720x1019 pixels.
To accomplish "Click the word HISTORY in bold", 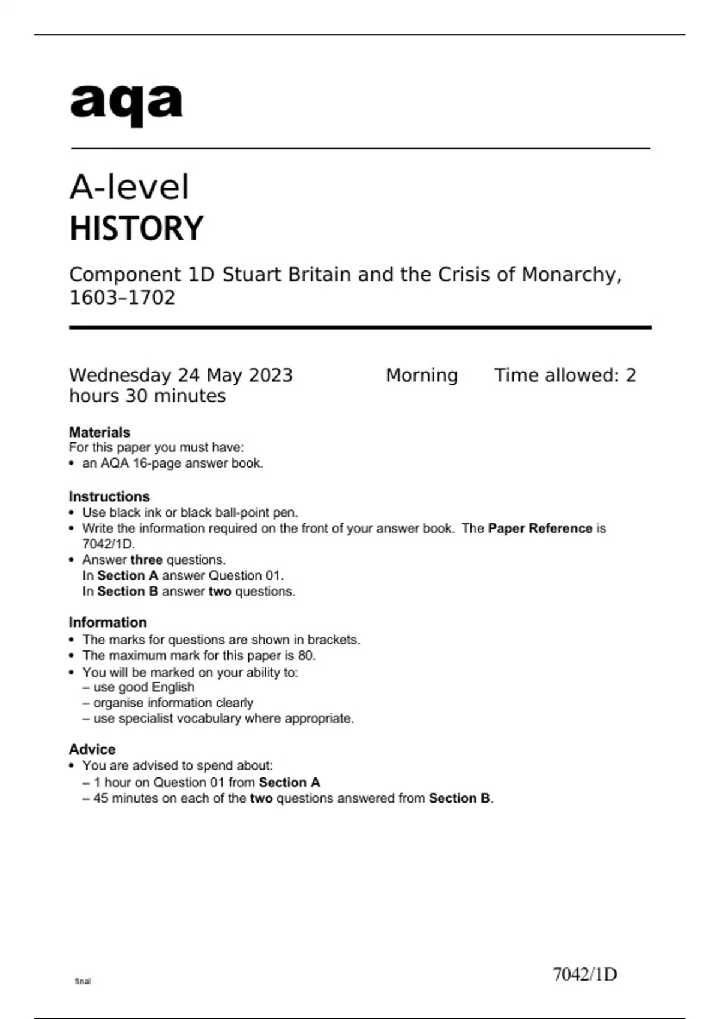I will point(137,229).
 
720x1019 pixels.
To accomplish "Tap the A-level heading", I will point(129,187).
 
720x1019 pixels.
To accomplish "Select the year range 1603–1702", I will point(122,298).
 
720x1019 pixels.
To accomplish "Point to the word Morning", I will point(421,376).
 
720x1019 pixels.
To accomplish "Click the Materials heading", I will point(99,432).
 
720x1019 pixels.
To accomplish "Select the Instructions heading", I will point(109,496).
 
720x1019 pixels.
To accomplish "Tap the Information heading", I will point(107,622).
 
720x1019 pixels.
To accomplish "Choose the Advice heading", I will point(92,749).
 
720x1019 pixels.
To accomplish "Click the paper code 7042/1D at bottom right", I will point(584,975).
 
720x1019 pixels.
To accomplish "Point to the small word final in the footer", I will point(83,981).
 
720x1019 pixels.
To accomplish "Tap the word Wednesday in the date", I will point(120,376).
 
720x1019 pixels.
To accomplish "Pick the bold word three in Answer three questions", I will point(146,560).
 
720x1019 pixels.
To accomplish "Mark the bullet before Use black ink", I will point(72,513).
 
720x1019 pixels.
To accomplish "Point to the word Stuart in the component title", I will point(252,275).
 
